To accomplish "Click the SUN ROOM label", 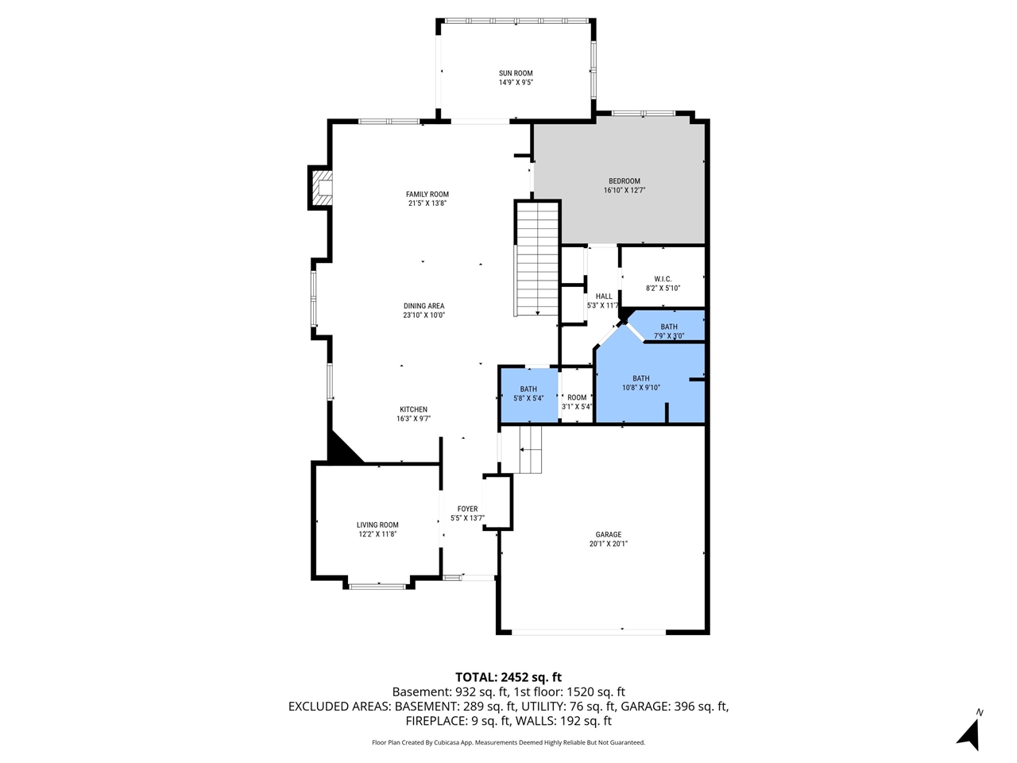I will coord(516,73).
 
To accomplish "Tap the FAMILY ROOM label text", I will coord(427,194).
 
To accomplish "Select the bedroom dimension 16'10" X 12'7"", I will coord(625,191).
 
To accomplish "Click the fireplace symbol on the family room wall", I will coord(321,188).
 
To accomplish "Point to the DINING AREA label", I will coord(423,306).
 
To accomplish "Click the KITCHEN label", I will coord(413,409).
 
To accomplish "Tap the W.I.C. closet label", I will coord(663,279).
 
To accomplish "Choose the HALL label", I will coord(604,296).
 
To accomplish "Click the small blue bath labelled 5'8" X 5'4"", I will coord(528,393).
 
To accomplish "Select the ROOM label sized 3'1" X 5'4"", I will coord(577,397).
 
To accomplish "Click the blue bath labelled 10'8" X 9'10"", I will coord(640,383).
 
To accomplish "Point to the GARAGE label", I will coord(609,535).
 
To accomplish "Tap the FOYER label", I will coord(467,509).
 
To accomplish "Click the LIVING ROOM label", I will coord(377,525).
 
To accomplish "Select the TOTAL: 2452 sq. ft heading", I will coord(508,677).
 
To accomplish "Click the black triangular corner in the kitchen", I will coord(340,451).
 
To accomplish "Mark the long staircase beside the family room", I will coord(538,258).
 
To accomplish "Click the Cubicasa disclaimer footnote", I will coord(508,742).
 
